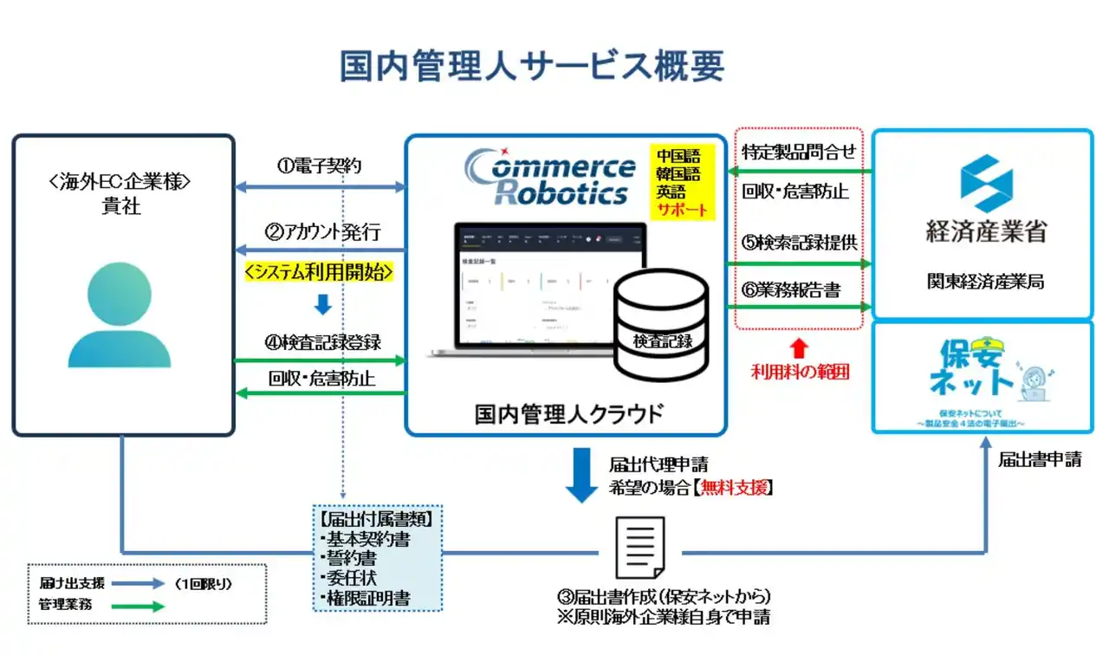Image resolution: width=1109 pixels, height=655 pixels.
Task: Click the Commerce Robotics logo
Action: pyautogui.click(x=549, y=178)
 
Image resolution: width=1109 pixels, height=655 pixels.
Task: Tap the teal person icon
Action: pyautogui.click(x=120, y=316)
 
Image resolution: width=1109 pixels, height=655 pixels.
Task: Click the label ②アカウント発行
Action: pyautogui.click(x=322, y=232)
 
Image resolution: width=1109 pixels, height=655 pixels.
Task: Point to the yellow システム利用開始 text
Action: pyautogui.click(x=320, y=272)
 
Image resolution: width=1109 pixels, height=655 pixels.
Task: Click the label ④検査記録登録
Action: pyautogui.click(x=322, y=341)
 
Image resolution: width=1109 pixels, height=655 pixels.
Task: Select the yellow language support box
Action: pyautogui.click(x=684, y=182)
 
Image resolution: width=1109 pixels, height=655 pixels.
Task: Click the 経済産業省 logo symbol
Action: pyautogui.click(x=985, y=184)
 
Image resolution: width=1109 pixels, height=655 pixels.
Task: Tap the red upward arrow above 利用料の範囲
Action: pyautogui.click(x=800, y=348)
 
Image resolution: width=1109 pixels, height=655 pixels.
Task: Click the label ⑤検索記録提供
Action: pyautogui.click(x=798, y=243)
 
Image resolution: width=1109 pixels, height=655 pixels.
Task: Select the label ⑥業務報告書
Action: pyautogui.click(x=791, y=290)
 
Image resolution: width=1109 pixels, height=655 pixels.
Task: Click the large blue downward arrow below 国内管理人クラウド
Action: pyautogui.click(x=581, y=476)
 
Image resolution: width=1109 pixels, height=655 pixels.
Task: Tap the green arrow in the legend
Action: pyautogui.click(x=138, y=606)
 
